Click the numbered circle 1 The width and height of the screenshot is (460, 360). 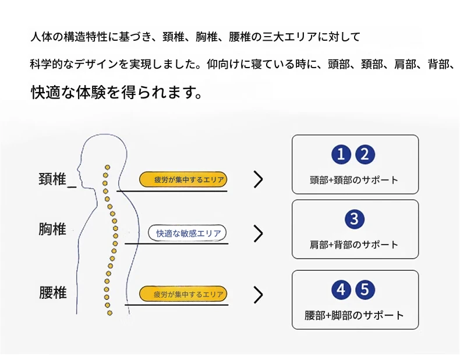pos(342,155)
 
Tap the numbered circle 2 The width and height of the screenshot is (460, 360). pos(365,155)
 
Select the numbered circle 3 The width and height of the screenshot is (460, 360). pos(354,219)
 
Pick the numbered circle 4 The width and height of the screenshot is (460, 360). pos(342,290)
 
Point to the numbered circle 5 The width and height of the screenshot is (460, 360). pos(365,290)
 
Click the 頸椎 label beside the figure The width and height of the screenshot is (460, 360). pos(52,179)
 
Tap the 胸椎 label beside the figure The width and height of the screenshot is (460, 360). pos(52,230)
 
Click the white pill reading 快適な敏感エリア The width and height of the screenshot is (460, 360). pos(187,234)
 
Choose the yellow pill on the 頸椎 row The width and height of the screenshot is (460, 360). pos(183,180)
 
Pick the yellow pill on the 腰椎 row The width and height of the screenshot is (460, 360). pos(183,294)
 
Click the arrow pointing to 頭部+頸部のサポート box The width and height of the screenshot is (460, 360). pos(258,180)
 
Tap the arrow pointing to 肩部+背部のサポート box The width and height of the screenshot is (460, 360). pos(258,234)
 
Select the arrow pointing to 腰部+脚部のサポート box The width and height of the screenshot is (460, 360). pos(258,295)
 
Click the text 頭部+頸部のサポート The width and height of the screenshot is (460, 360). pos(354,180)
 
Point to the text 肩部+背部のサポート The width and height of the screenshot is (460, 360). pos(354,245)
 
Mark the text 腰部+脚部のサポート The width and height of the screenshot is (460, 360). pos(354,316)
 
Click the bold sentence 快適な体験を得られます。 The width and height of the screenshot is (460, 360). pos(116,93)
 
